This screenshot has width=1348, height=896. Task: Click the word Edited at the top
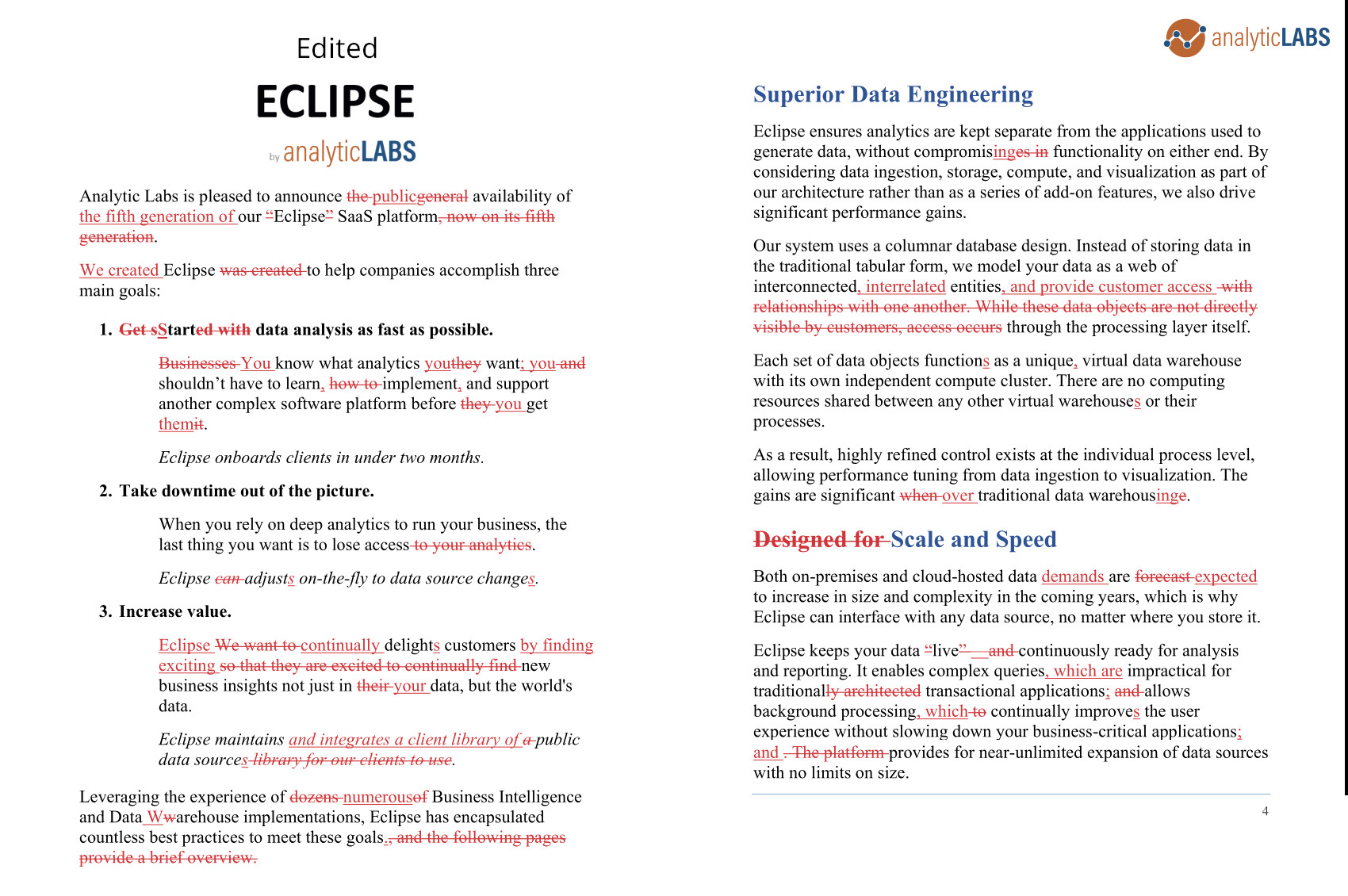coord(336,48)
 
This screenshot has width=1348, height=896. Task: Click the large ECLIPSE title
coord(335,101)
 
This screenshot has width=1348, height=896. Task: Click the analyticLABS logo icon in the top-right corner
coord(1185,38)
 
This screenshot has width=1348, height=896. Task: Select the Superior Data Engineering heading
coord(893,94)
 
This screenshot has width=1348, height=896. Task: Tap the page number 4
coord(1265,811)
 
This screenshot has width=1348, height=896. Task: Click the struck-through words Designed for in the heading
coord(818,540)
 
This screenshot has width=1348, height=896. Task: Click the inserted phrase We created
coord(119,270)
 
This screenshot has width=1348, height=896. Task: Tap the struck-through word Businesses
coord(197,363)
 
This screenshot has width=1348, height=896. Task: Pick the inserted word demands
coord(1072,576)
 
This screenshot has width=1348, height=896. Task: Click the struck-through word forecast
coord(1162,576)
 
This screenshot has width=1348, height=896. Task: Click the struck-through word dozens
coord(314,797)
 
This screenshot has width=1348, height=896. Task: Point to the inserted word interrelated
coord(905,286)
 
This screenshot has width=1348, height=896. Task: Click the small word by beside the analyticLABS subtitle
coord(274,157)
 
